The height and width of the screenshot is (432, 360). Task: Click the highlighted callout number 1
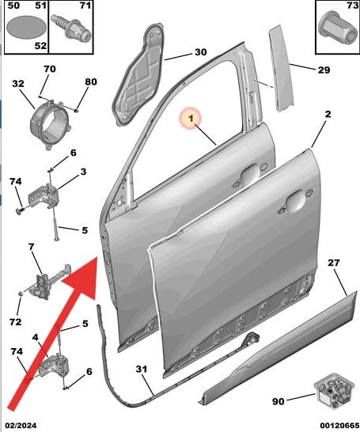coord(191,119)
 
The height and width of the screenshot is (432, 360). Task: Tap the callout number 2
coord(328,114)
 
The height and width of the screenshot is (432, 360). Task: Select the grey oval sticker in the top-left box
coord(27,28)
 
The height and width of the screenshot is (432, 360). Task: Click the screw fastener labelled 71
coord(70,27)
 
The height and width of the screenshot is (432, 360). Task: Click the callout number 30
coord(200,52)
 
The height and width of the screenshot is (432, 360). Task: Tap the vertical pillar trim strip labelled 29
coord(281,68)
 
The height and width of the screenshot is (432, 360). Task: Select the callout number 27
coord(334,263)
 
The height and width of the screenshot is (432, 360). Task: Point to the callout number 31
coord(142,369)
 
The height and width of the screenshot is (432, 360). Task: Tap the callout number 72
coord(15,321)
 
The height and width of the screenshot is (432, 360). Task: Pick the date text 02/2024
coord(21,426)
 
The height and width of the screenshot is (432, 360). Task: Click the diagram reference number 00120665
coord(339,426)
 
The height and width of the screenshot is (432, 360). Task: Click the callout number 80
coord(91,81)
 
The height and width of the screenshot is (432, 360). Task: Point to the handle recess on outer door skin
coord(296,202)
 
